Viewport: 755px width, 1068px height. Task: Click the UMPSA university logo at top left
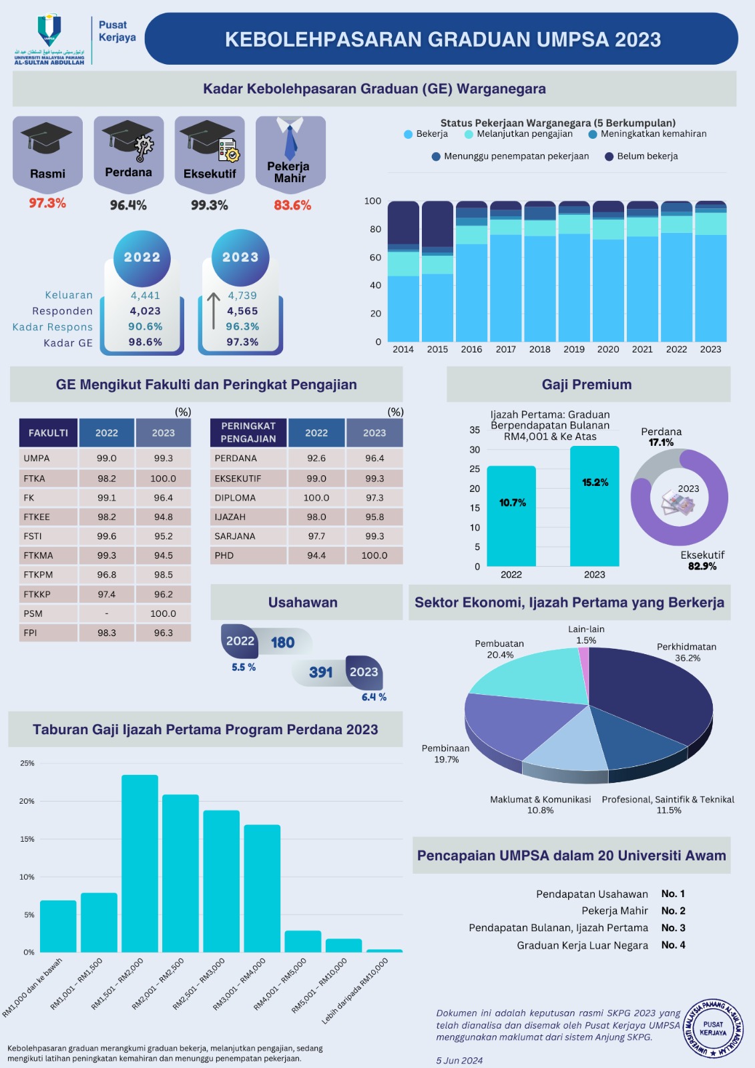coord(49,39)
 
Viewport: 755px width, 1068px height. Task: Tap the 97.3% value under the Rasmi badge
coord(47,203)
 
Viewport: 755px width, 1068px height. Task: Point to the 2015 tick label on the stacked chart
coord(437,349)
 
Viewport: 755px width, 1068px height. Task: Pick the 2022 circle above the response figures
coord(142,258)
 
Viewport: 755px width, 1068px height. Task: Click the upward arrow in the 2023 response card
coord(213,310)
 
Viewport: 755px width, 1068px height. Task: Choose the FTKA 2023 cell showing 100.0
coord(163,479)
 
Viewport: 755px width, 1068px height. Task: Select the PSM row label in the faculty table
coord(33,613)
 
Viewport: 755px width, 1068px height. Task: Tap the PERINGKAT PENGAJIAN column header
coord(248,432)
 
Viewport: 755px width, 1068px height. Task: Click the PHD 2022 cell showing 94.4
coord(316,555)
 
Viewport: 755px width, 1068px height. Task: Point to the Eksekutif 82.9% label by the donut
coord(702,561)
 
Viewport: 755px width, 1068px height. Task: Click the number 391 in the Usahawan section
coord(321,672)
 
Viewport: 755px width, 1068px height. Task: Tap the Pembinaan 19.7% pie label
coord(446,754)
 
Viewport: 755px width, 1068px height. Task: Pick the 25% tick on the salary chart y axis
coord(27,763)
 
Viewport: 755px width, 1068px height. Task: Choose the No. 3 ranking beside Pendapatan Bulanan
coord(673,928)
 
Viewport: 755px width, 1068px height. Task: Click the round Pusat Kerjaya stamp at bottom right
coord(713,1029)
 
